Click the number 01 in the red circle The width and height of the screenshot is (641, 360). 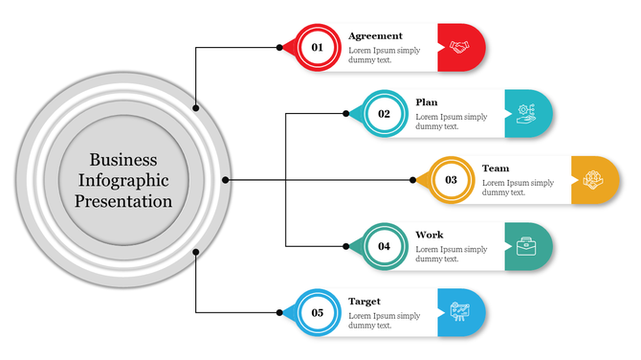[317, 48]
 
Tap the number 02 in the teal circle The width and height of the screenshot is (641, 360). [384, 114]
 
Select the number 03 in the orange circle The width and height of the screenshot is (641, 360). [451, 180]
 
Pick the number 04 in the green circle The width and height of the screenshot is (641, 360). [384, 246]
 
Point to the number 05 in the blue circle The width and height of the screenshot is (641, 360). [317, 312]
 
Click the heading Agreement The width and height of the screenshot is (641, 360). [375, 36]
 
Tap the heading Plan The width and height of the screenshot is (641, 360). [427, 102]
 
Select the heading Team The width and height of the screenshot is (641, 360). [496, 169]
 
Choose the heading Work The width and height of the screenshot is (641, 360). [430, 235]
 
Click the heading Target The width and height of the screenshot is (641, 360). [365, 301]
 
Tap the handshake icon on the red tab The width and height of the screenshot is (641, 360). [460, 48]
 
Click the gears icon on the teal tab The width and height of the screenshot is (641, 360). [526, 113]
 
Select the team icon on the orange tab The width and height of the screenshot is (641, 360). [593, 179]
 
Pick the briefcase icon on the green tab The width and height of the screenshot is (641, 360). [526, 246]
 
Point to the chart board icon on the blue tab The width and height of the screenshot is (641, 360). [460, 312]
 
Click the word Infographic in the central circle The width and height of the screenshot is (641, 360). [123, 181]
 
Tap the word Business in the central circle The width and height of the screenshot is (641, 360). [123, 160]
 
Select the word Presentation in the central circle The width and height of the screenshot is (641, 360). [123, 202]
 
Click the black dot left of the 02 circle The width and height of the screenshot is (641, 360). [346, 114]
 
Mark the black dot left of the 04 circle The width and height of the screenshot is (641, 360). [346, 246]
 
